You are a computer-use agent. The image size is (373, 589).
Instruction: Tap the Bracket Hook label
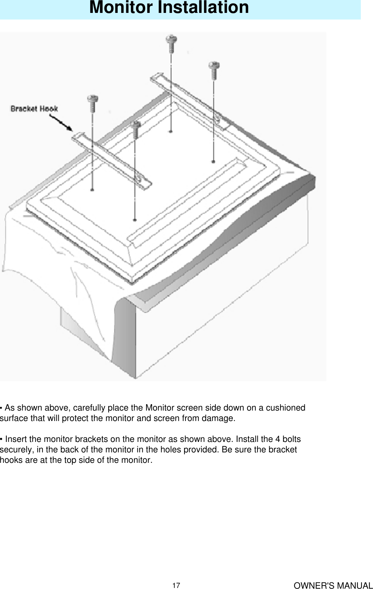pyautogui.click(x=34, y=109)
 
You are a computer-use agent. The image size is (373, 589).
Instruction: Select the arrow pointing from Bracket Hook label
pyautogui.click(x=61, y=123)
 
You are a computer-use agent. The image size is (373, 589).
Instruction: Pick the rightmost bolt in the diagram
pyautogui.click(x=214, y=67)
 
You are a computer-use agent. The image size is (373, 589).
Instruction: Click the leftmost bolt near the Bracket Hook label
pyautogui.click(x=93, y=100)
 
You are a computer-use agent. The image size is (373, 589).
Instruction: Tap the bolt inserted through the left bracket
pyautogui.click(x=135, y=126)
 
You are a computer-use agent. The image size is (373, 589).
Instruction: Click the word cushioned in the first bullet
pyautogui.click(x=286, y=408)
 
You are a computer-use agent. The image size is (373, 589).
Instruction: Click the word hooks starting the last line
pyautogui.click(x=11, y=460)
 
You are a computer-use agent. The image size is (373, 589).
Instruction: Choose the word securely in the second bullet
pyautogui.click(x=17, y=450)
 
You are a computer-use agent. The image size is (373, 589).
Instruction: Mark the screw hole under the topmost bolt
pyautogui.click(x=170, y=131)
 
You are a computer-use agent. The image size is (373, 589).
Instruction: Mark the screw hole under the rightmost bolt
pyautogui.click(x=213, y=161)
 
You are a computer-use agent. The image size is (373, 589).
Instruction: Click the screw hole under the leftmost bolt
pyautogui.click(x=92, y=190)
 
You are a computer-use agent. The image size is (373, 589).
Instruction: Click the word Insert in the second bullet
pyautogui.click(x=16, y=439)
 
